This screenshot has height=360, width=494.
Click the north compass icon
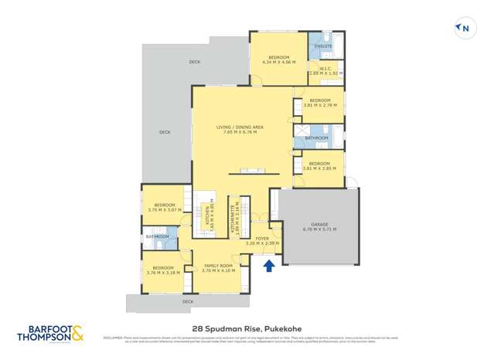pyautogui.click(x=464, y=29)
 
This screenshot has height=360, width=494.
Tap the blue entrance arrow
pyautogui.click(x=269, y=267)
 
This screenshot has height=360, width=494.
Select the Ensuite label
pyautogui.click(x=323, y=46)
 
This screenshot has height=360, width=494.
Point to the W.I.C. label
pyautogui.click(x=325, y=70)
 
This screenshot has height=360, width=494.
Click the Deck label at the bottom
pyautogui.click(x=187, y=301)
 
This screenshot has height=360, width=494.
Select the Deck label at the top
pyautogui.click(x=194, y=62)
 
